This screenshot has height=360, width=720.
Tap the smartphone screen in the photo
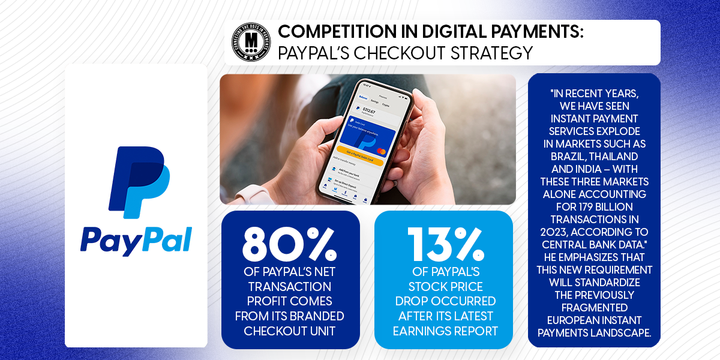pos(360,140)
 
